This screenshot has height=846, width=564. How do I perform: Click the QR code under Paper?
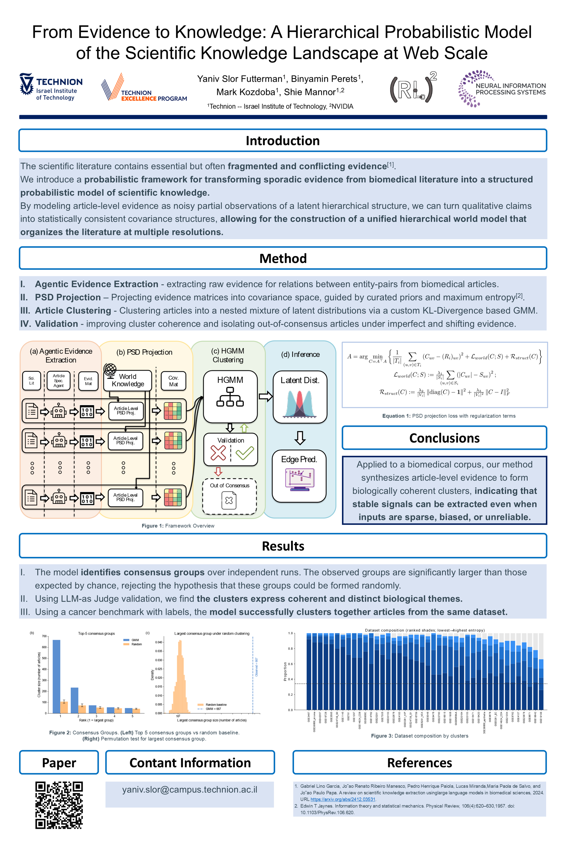tap(59, 805)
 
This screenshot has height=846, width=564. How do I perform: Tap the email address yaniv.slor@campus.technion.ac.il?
tap(189, 790)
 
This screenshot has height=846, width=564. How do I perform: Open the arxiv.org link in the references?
tap(343, 799)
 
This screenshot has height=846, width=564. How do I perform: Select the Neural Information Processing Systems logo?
tap(502, 88)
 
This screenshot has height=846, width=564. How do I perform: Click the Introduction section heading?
tap(283, 141)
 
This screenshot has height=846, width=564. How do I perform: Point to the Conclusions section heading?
tap(444, 438)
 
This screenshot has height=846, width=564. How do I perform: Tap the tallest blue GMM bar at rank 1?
tap(56, 676)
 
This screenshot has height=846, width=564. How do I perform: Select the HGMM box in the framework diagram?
tap(230, 396)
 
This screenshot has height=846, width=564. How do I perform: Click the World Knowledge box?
tap(128, 380)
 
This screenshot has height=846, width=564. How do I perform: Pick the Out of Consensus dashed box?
tap(229, 496)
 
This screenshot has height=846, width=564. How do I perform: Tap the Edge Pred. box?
tap(299, 476)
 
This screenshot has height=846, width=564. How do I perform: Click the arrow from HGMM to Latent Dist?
tap(266, 396)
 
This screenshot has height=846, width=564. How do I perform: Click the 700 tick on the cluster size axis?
tap(44, 636)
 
